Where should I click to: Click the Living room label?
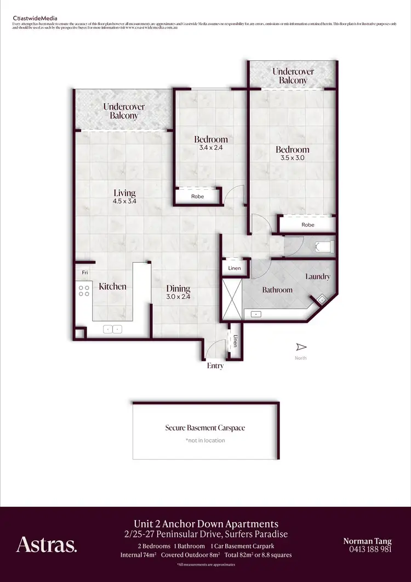pyautogui.click(x=124, y=193)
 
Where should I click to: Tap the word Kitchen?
pyautogui.click(x=112, y=286)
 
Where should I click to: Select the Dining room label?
pyautogui.click(x=178, y=289)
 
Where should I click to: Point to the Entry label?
pyautogui.click(x=215, y=365)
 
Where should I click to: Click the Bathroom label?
pyautogui.click(x=277, y=290)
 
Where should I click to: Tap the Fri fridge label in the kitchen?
pyautogui.click(x=85, y=273)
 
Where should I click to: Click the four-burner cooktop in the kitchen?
pyautogui.click(x=84, y=291)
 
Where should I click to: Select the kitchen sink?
pyautogui.click(x=113, y=329)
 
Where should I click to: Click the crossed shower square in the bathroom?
pyautogui.click(x=231, y=300)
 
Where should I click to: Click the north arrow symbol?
pyautogui.click(x=300, y=347)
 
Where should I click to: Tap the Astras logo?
pyautogui.click(x=47, y=545)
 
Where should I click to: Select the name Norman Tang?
pyautogui.click(x=368, y=541)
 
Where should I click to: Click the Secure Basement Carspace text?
pyautogui.click(x=206, y=428)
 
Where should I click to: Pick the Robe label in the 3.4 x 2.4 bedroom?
pyautogui.click(x=198, y=196)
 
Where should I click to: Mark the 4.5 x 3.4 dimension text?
pyautogui.click(x=124, y=201)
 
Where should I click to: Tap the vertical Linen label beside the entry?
pyautogui.click(x=236, y=341)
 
